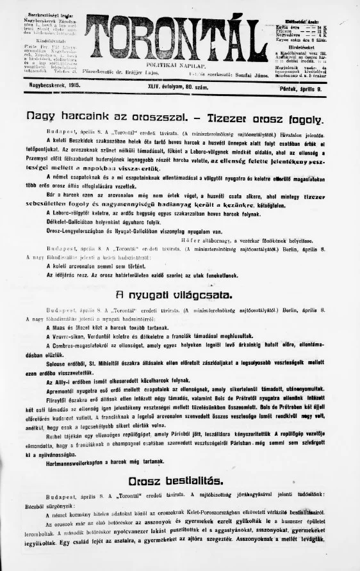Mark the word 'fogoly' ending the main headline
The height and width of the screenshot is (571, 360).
click(x=306, y=118)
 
